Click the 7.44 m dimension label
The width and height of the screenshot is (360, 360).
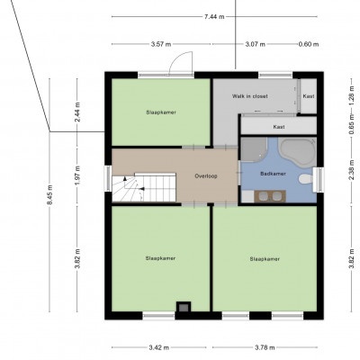pos(214,17)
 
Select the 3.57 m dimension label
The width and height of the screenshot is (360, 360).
pos(161,44)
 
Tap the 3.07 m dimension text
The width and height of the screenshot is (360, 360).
pos(256,44)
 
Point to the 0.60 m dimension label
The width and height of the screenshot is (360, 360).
pos(309,44)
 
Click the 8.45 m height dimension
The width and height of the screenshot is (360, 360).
pos(49,195)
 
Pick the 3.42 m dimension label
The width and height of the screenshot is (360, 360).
pos(158,347)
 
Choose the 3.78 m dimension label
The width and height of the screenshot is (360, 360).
pos(265,347)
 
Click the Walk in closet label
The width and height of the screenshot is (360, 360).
pos(250,96)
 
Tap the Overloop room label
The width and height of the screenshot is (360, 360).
pos(206,176)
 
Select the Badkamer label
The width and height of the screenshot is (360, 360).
pos(273,174)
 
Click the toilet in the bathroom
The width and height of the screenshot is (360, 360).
pos(306,179)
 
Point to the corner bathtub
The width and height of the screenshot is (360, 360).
pos(298,153)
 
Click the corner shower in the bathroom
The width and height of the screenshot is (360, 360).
pos(254,149)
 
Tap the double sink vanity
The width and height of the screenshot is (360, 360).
pos(270,196)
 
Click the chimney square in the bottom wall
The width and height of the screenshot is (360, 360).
pos(184,307)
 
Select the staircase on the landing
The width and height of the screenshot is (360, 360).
pos(144,187)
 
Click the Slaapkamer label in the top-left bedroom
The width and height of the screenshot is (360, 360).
pos(161,112)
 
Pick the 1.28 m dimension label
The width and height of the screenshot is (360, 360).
pos(352,95)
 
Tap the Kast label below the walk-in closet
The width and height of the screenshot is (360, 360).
pos(279,127)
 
